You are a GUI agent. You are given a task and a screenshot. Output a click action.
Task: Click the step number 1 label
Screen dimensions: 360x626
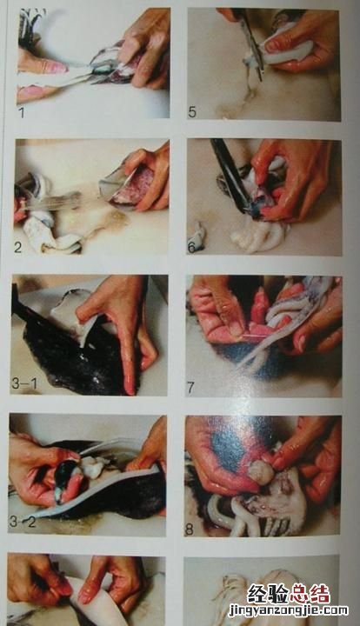[x=22, y=112]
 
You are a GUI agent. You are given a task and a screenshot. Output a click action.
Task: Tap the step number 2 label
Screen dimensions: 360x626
[x=18, y=247]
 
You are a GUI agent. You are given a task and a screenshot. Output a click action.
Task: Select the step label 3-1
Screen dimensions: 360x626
[x=24, y=383]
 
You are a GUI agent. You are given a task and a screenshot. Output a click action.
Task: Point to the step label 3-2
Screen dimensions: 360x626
[x=23, y=522]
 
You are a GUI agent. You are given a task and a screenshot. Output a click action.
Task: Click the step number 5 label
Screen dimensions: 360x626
[x=192, y=112]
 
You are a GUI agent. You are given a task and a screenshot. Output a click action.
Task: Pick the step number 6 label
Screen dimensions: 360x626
[x=191, y=248]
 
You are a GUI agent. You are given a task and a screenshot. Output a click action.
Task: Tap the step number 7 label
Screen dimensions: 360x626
[x=190, y=387]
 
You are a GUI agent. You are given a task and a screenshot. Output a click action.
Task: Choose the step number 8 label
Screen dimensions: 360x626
[x=190, y=529]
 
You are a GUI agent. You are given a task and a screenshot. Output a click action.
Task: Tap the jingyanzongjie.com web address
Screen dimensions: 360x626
[x=289, y=611]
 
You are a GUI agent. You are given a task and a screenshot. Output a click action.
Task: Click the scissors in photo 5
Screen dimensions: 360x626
[x=250, y=44]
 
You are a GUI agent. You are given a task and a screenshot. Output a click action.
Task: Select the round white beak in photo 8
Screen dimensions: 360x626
[x=261, y=472]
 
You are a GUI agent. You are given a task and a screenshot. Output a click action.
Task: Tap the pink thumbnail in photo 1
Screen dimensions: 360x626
[x=54, y=67]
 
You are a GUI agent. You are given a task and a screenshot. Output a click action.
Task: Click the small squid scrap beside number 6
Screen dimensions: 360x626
[x=198, y=236]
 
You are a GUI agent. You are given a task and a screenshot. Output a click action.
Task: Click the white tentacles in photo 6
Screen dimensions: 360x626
[x=257, y=237]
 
